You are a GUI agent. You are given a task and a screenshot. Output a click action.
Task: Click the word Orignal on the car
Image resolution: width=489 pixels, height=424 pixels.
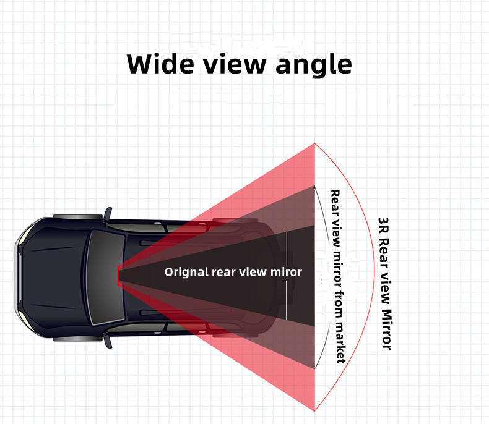(186, 272)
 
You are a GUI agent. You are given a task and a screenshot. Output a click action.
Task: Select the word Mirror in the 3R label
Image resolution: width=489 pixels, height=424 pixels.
(385, 328)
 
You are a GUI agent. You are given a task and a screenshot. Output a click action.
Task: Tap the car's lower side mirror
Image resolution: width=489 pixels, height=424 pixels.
(108, 337)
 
